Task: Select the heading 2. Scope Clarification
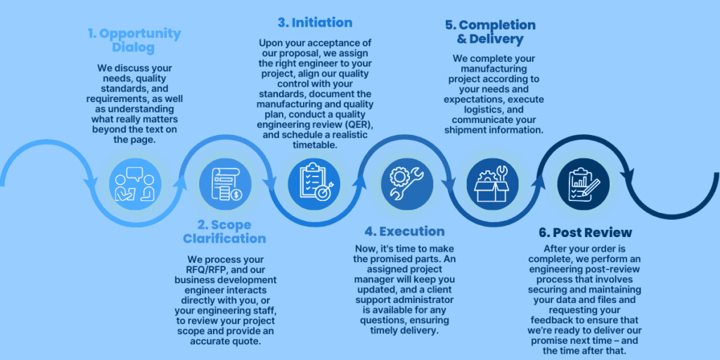click(224, 232)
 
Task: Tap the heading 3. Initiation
click(314, 22)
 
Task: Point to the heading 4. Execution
click(404, 231)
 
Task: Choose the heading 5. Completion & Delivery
click(490, 32)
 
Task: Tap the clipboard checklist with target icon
click(314, 182)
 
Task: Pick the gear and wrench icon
click(404, 181)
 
